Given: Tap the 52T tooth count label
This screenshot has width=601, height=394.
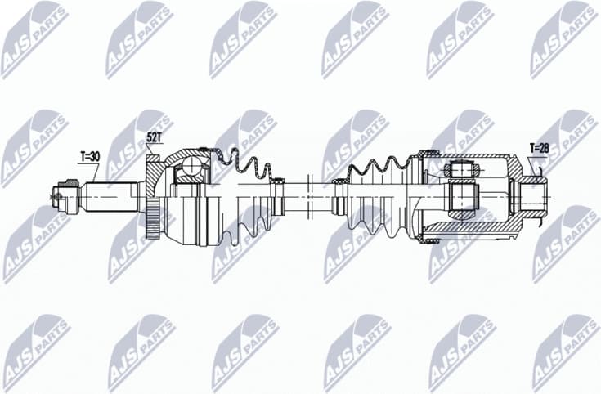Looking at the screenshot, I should click(x=155, y=137).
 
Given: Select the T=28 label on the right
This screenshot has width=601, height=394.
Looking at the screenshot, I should click(x=540, y=148).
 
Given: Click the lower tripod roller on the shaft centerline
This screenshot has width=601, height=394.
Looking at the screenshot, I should click(x=464, y=197).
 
